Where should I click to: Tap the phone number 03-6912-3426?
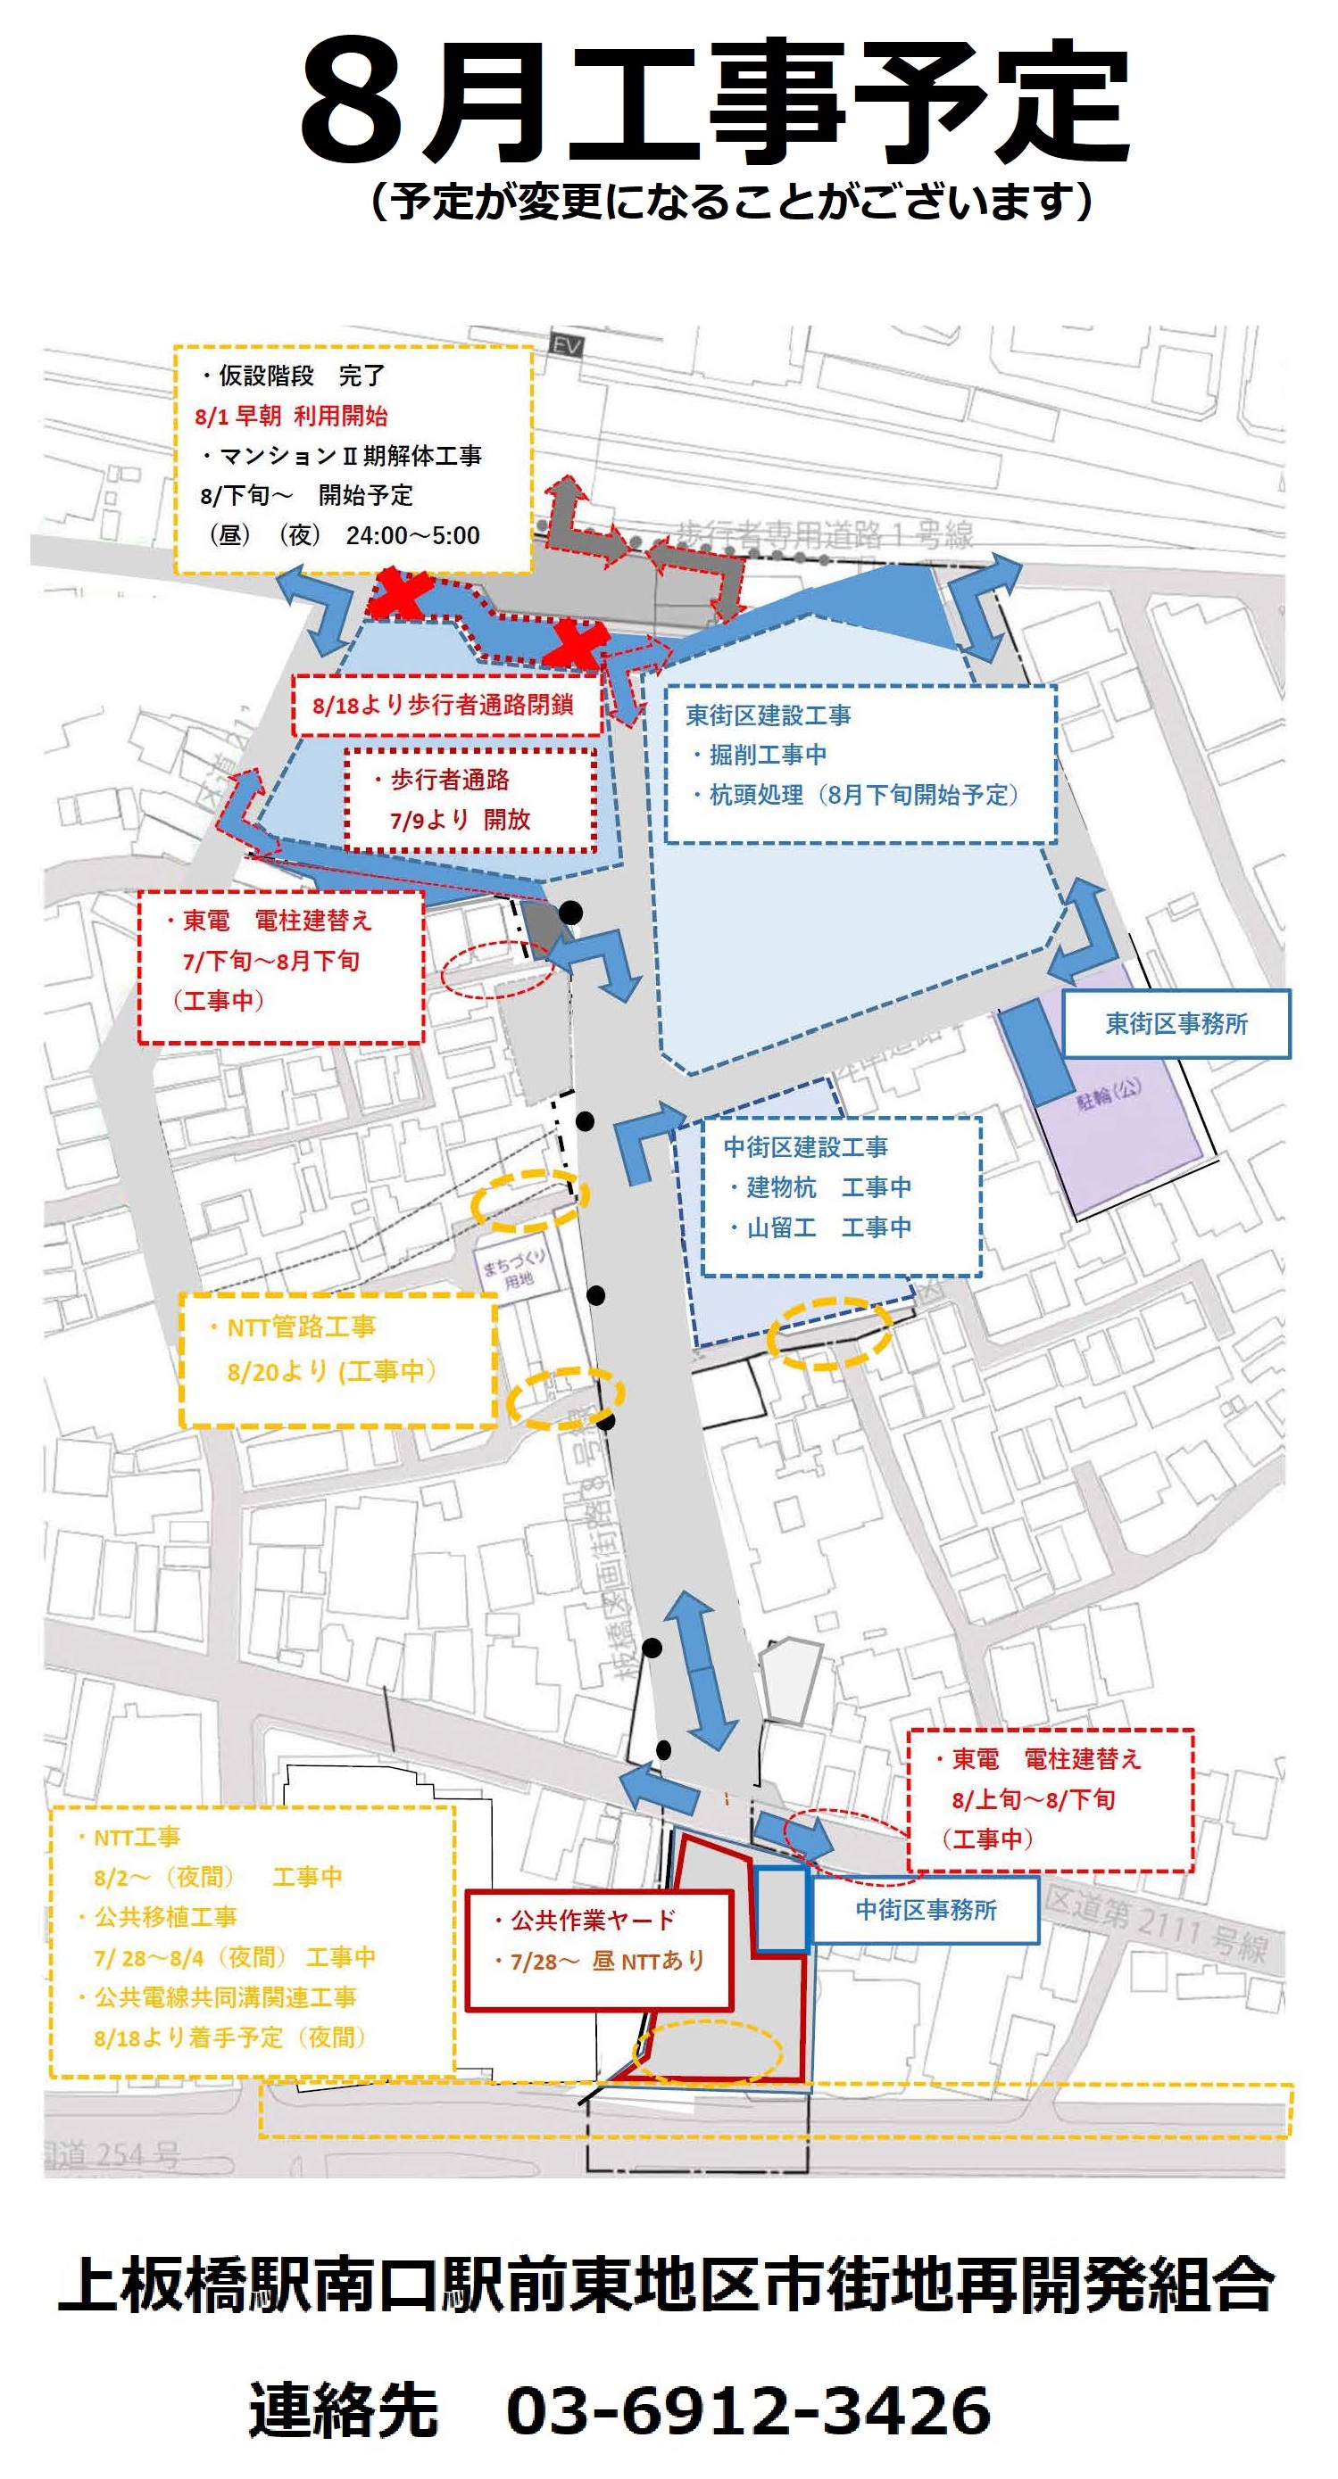point(748,2410)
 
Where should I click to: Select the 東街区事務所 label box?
point(1176,1024)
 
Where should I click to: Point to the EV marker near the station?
point(566,345)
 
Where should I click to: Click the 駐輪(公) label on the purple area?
point(1108,1094)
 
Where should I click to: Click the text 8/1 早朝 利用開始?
point(291,417)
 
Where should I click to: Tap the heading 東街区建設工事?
point(769,716)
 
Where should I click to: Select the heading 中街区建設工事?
point(806,1147)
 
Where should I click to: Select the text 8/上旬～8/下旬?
point(1033,1799)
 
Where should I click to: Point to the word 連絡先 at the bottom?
point(344,2410)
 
